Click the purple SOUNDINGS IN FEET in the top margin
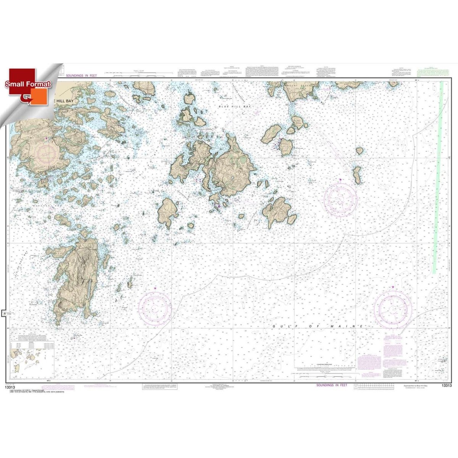click(80, 76)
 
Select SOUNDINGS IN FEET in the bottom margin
click(332, 385)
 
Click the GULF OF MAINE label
click(318, 327)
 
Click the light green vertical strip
click(438, 176)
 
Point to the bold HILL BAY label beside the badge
click(64, 101)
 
